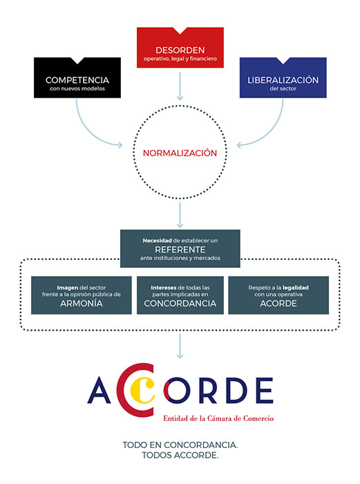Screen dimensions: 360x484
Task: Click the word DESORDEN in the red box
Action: coord(180,50)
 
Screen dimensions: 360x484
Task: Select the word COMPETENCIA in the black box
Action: coord(77,80)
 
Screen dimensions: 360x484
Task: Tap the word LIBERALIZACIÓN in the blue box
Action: coord(283,80)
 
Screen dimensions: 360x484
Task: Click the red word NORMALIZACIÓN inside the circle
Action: coord(180,153)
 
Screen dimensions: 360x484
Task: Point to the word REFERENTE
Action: coord(180,250)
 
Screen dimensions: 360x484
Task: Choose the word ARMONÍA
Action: coord(82,304)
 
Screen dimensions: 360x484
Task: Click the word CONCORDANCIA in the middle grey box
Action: coord(180,304)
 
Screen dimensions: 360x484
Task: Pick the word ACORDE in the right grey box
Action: coord(278,304)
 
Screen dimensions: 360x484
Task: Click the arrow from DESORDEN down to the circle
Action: coord(180,86)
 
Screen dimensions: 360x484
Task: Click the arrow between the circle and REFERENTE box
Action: coord(180,215)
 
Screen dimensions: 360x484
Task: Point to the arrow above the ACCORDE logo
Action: coord(180,346)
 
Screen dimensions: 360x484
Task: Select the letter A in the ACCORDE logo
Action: coord(99,390)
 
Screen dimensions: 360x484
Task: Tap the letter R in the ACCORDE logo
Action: coord(206,391)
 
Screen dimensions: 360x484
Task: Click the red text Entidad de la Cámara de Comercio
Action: coord(218,418)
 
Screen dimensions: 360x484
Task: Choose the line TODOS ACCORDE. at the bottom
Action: coord(180,455)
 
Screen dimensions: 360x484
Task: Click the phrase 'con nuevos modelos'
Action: coord(77,89)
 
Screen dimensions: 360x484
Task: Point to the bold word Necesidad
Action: coord(157,241)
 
